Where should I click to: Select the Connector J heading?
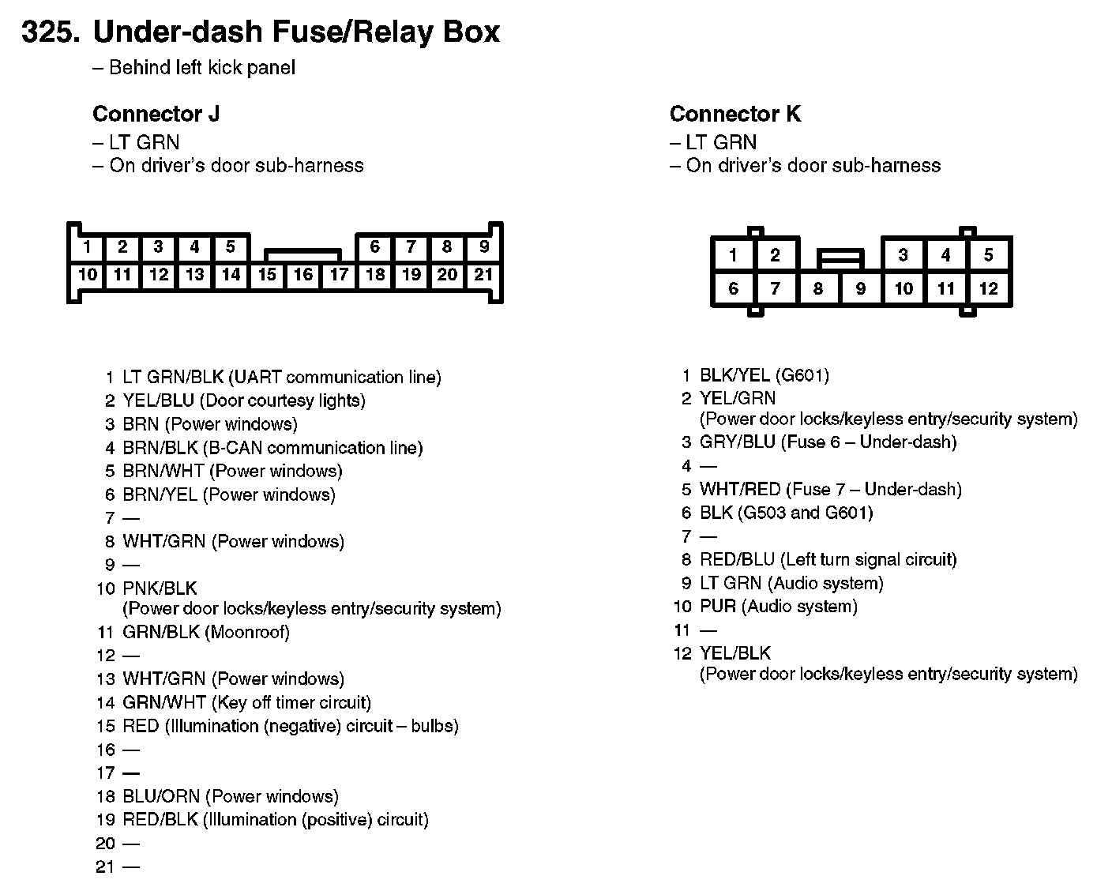pos(156,115)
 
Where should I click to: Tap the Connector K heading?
pos(734,115)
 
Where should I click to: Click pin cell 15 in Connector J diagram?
pos(267,275)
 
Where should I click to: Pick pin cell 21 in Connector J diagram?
pos(483,275)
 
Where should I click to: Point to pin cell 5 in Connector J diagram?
pos(230,246)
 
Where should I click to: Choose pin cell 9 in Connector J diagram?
pos(483,246)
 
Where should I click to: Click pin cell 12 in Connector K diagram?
pos(988,289)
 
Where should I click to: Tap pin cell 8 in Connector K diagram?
pos(817,289)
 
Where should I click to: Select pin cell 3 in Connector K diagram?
pos(903,255)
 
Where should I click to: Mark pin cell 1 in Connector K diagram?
pos(733,255)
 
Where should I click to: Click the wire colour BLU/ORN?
pos(161,797)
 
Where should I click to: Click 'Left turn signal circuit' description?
pos(868,561)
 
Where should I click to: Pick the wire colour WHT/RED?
pos(739,490)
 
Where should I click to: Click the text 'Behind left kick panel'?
pos(201,68)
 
